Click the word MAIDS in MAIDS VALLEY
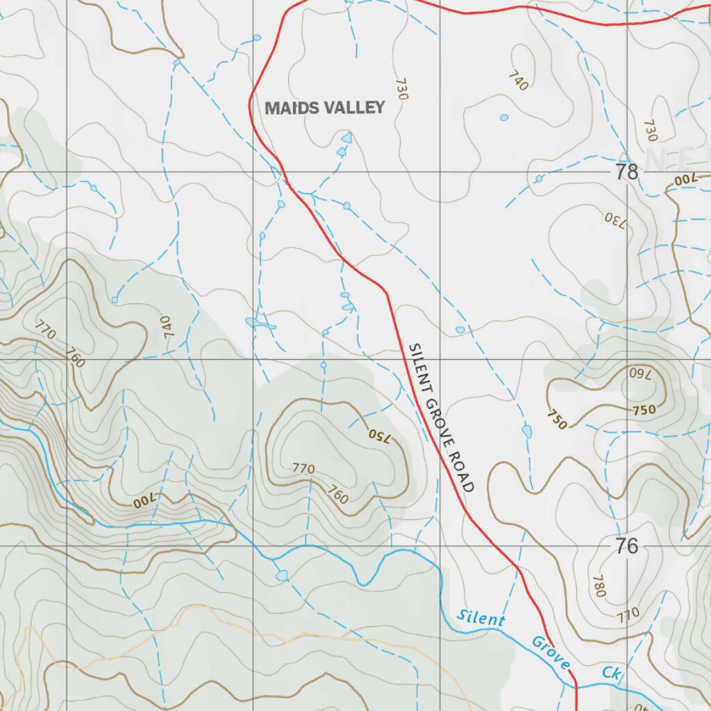click(x=291, y=108)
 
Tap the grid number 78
click(x=626, y=172)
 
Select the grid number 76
click(x=626, y=546)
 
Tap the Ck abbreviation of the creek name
click(x=610, y=673)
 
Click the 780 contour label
click(x=598, y=586)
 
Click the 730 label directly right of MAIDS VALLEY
click(x=401, y=89)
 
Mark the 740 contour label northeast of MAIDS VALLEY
click(x=518, y=81)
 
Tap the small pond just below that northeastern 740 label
click(x=504, y=117)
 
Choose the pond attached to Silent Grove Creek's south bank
click(x=281, y=576)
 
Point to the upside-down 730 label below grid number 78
click(x=615, y=220)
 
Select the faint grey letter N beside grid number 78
click(x=654, y=159)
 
